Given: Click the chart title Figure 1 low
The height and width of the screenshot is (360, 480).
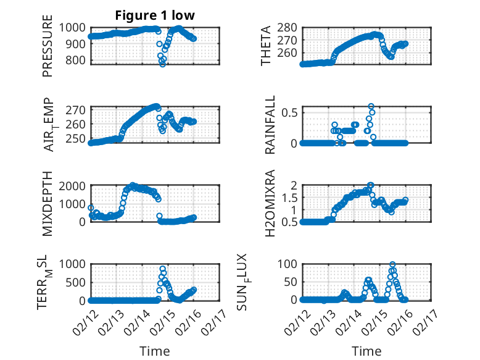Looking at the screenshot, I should [x=155, y=15].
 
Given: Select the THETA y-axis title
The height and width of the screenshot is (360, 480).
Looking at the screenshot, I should [x=266, y=45].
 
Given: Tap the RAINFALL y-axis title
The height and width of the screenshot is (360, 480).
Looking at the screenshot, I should [x=270, y=125].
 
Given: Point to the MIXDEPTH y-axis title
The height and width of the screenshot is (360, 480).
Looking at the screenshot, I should [x=48, y=203].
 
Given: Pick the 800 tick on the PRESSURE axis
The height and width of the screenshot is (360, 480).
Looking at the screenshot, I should [x=78, y=61].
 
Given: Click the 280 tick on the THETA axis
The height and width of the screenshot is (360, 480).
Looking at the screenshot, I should [x=289, y=27].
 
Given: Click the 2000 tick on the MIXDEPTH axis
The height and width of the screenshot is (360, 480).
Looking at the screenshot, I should [x=75, y=186].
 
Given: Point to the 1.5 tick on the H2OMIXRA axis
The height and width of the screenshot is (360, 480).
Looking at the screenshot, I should [x=291, y=197].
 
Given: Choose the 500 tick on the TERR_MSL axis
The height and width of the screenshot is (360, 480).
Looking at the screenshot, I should [x=78, y=282].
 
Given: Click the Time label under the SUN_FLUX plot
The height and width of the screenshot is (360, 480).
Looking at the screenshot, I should [x=366, y=351].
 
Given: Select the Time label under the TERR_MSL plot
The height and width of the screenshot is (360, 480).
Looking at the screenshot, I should [x=155, y=351].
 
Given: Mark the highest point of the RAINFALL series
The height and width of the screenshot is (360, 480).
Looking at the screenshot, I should [x=371, y=106].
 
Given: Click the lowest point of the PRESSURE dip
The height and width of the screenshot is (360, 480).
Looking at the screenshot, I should [x=163, y=64].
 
